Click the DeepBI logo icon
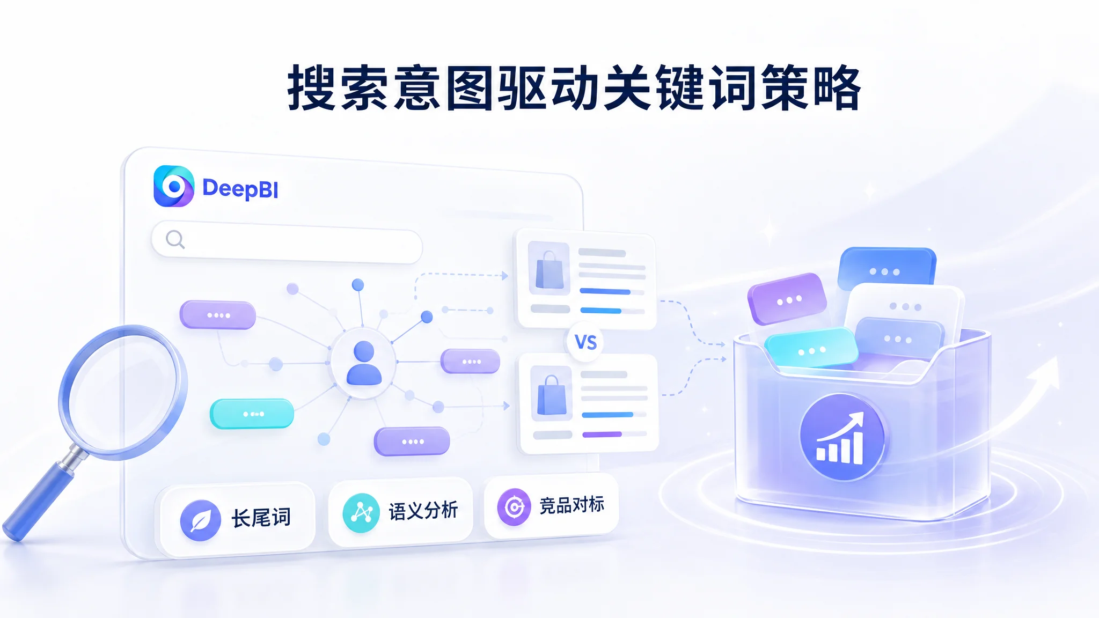174,186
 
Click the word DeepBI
240,189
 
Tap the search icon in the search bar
175,239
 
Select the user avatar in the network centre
364,363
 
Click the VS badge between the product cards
585,342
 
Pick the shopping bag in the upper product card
549,270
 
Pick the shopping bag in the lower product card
552,395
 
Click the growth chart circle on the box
841,437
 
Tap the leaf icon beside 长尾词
200,520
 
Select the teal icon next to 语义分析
361,513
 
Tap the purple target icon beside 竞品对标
514,506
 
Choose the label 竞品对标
572,505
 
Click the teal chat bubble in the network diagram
252,414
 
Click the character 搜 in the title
312,88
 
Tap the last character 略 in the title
837,87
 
